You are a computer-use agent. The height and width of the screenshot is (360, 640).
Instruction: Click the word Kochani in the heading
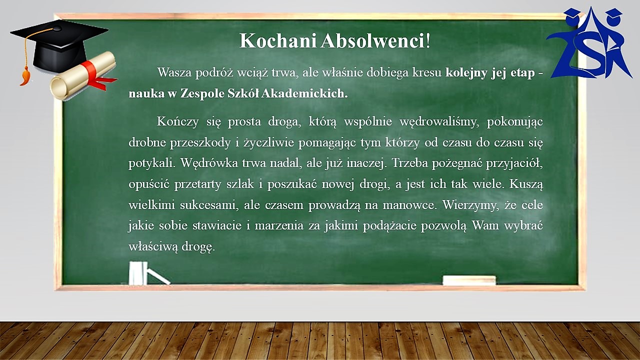[277, 40]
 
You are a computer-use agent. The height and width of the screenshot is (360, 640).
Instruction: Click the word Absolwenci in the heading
[372, 40]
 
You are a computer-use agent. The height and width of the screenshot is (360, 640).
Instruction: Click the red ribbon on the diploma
[97, 74]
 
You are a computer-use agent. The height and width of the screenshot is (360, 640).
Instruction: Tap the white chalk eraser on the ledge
[469, 280]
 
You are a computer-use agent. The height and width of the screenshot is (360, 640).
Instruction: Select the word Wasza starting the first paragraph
[174, 72]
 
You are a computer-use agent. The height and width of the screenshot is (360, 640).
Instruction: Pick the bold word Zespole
[202, 94]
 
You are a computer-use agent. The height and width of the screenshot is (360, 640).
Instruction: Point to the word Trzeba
[409, 163]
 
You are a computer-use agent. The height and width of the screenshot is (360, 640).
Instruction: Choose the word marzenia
[279, 226]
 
